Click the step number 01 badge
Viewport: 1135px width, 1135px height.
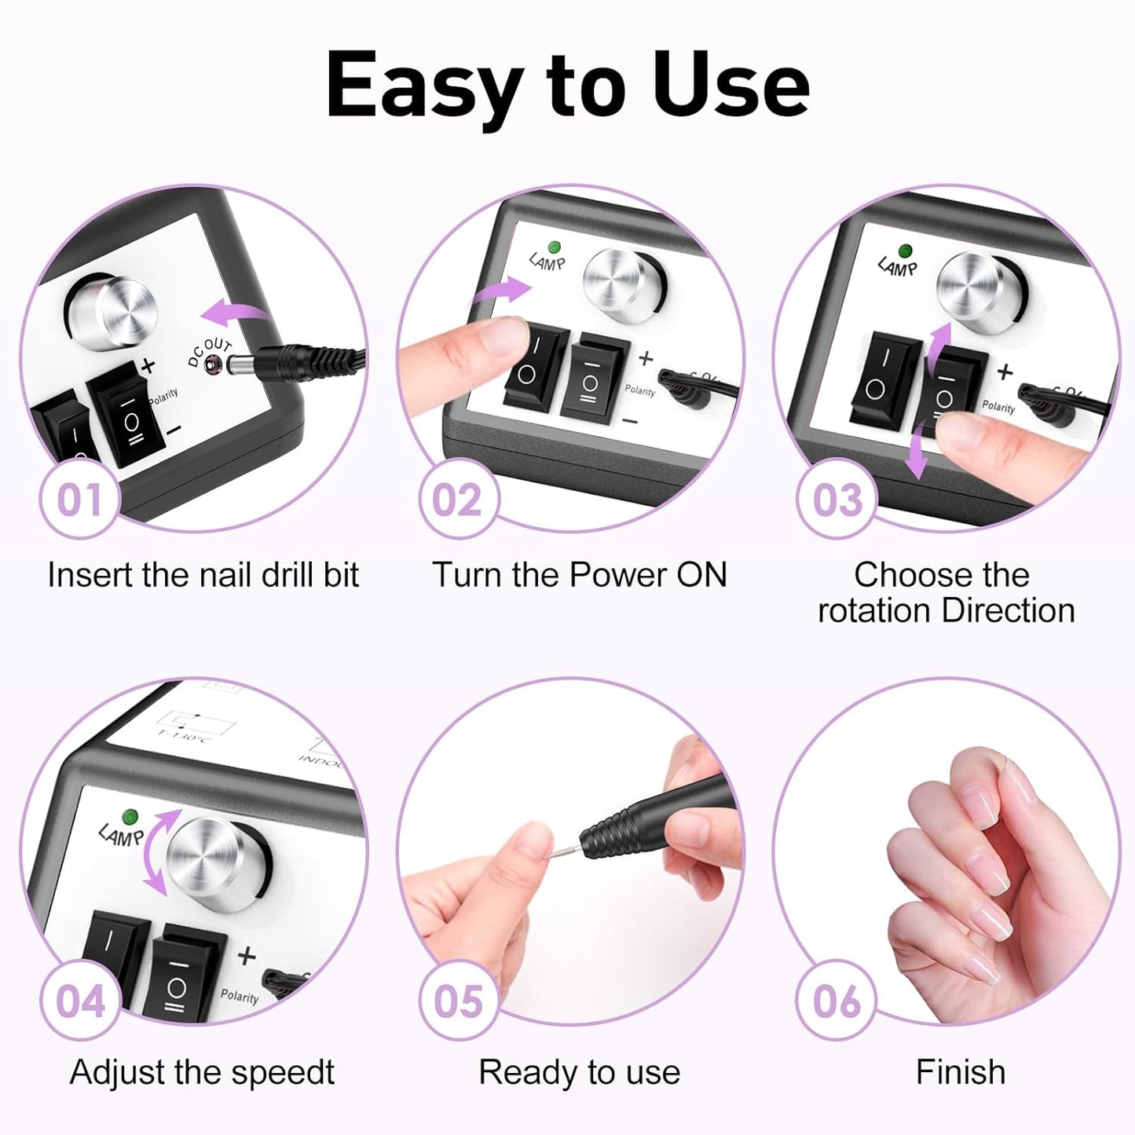(x=79, y=500)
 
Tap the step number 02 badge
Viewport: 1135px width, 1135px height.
(x=457, y=500)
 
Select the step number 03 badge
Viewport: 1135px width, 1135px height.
(x=836, y=500)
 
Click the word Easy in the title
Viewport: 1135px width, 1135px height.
(x=424, y=86)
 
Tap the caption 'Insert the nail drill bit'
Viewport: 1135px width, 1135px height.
(x=203, y=575)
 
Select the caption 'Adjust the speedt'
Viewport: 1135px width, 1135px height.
(x=203, y=1072)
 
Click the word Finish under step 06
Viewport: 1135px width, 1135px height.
(x=960, y=1072)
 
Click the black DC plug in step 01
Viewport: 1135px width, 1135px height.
(x=291, y=360)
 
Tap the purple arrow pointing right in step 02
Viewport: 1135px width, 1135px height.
(x=503, y=291)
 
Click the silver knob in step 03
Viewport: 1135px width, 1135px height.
(x=974, y=287)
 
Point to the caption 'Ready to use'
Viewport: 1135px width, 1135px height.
(x=580, y=1072)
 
